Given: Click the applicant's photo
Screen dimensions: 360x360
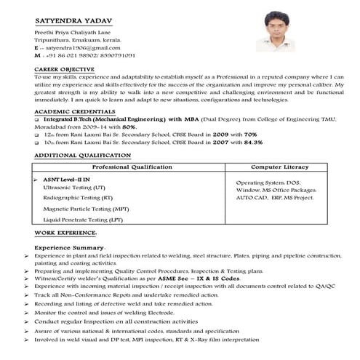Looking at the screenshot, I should click(275, 31).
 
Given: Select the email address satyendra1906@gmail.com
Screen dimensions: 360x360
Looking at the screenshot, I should click(79, 47).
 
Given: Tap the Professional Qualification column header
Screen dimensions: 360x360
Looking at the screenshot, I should click(131, 167).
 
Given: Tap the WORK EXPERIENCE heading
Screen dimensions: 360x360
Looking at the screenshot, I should click(65, 232).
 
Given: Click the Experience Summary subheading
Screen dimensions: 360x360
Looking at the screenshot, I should click(76, 248).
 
